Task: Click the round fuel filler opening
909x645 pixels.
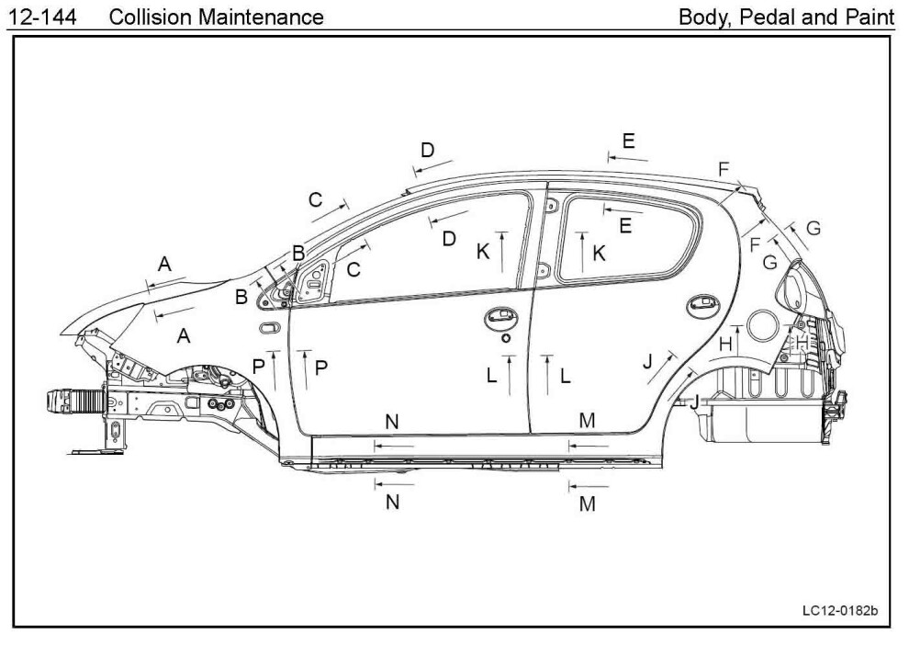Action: coord(763,325)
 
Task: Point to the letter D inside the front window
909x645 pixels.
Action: coord(449,239)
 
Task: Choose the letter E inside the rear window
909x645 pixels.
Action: coord(625,226)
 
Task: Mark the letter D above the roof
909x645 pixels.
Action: coord(427,150)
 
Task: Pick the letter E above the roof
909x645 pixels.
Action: coord(628,141)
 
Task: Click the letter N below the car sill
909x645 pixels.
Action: coord(392,503)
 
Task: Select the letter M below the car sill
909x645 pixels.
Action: coord(588,504)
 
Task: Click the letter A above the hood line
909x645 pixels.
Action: coord(164,265)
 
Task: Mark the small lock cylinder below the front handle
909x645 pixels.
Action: coord(504,338)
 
